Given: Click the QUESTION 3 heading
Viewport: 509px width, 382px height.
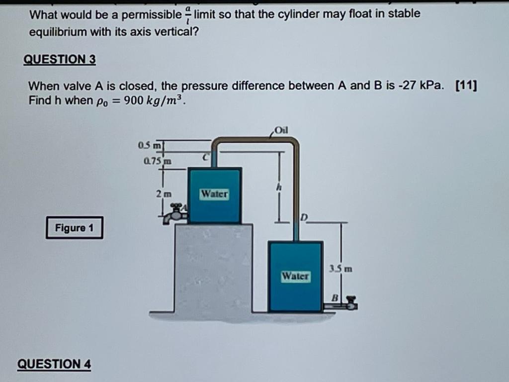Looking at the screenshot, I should [60, 60].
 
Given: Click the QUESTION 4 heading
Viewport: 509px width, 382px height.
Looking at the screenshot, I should [54, 364].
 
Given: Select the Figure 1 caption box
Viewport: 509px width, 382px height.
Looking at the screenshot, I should [74, 228].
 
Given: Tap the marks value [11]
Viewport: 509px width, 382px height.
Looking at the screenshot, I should [466, 86].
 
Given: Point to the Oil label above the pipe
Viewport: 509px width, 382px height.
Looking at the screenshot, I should [281, 131].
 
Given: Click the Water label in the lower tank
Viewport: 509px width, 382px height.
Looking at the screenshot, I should [295, 276].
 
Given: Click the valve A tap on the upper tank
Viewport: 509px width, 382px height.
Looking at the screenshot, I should [176, 214].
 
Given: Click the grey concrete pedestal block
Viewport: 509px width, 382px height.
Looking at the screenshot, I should [213, 269].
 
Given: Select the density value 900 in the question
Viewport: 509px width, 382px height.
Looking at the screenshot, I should [134, 100].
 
